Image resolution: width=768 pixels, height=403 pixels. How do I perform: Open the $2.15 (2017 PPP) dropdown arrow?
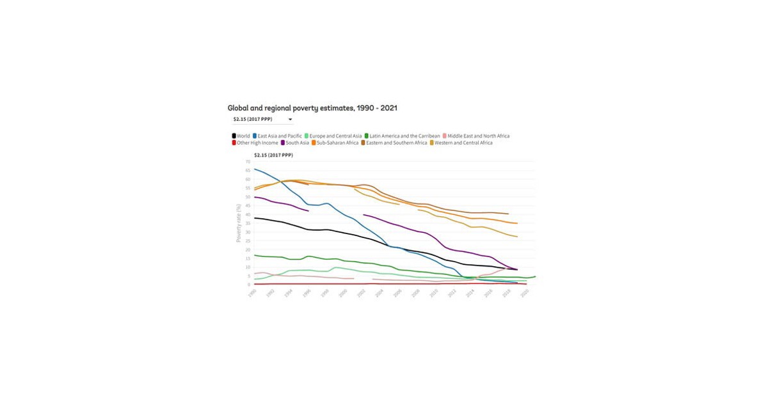pyautogui.click(x=290, y=120)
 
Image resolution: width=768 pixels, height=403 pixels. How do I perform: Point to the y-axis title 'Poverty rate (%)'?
pyautogui.click(x=239, y=223)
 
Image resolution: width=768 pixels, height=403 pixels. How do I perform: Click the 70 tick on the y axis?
pyautogui.click(x=248, y=162)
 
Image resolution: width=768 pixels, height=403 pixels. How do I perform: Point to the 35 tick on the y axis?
pyautogui.click(x=248, y=223)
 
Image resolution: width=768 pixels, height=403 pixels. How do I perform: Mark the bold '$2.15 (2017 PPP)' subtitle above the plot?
pyautogui.click(x=273, y=155)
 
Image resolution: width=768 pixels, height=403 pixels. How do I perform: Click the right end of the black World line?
pyautogui.click(x=517, y=269)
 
